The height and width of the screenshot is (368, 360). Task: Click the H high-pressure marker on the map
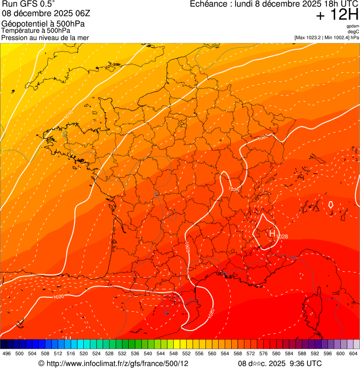(x=272, y=233)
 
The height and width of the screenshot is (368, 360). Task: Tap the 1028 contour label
(x=282, y=237)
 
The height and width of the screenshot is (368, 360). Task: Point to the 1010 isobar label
(x=68, y=113)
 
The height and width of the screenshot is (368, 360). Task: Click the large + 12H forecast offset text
(x=337, y=15)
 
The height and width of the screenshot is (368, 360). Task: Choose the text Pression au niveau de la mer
(x=45, y=38)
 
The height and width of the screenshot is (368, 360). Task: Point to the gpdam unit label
(x=353, y=26)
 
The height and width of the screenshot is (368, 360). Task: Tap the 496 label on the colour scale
(x=7, y=353)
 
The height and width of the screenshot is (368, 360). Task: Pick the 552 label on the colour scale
(x=186, y=353)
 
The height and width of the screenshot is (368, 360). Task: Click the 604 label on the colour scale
(x=353, y=353)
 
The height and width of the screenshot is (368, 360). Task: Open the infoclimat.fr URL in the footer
(x=117, y=363)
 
